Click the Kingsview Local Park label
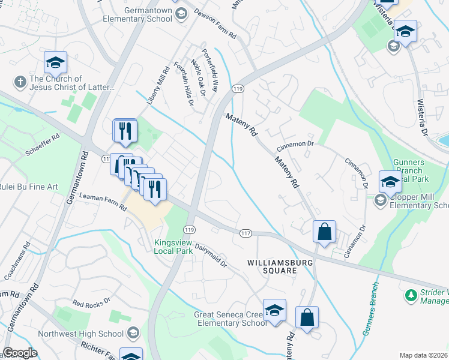[173, 247]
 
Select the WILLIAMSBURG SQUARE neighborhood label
[272, 267]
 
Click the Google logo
[19, 353]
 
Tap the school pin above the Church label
[55, 62]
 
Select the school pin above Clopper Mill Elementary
[390, 182]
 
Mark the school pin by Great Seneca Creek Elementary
[275, 310]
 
